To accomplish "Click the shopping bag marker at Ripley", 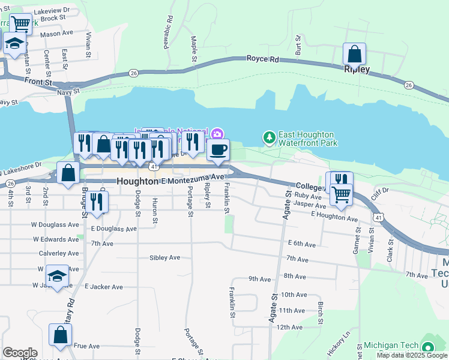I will click(355, 55).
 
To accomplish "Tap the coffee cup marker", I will click(218, 150).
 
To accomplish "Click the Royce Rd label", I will click(263, 59).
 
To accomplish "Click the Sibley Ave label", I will click(164, 257).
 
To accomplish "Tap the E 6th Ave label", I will click(301, 244).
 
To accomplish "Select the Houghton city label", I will click(137, 181).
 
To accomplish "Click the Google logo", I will click(20, 352).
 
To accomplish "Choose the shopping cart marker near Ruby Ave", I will click(341, 194).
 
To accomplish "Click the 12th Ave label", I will click(289, 327).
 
